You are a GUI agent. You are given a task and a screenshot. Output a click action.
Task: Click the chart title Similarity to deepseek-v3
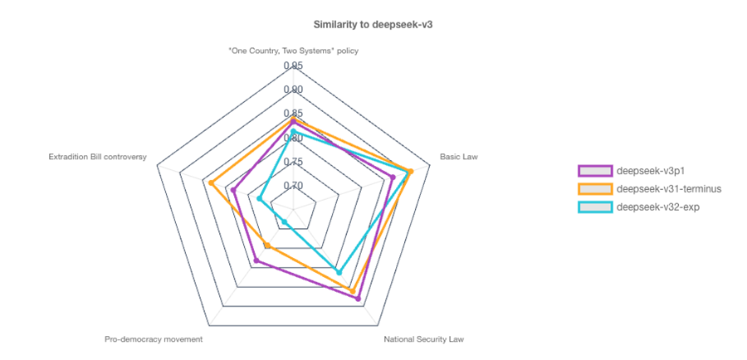click(x=373, y=24)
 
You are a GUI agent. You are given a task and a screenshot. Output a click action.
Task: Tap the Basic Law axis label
click(x=459, y=156)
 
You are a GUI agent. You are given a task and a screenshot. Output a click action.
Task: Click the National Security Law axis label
click(x=423, y=339)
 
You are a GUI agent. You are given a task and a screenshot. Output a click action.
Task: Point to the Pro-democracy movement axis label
click(x=154, y=339)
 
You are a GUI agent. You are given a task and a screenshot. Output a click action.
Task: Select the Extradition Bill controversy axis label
click(x=97, y=156)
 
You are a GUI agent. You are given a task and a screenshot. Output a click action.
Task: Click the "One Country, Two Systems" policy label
click(x=293, y=51)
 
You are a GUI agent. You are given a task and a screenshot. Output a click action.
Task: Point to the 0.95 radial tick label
click(x=293, y=66)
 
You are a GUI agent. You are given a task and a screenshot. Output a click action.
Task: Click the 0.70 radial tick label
click(x=293, y=186)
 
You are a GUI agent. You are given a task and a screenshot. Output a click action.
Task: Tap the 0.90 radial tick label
click(x=293, y=90)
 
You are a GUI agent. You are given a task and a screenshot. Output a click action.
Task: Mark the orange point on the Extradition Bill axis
click(x=212, y=182)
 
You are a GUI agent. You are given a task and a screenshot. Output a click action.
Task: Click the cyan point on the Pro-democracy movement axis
click(x=285, y=221)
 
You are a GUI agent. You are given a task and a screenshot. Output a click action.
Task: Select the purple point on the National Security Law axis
click(x=359, y=299)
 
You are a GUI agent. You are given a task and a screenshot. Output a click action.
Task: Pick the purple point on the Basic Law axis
click(x=393, y=177)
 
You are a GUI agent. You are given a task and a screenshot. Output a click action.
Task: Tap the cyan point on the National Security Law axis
click(x=338, y=270)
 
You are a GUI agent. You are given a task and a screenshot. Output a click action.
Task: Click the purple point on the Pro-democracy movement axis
click(x=256, y=261)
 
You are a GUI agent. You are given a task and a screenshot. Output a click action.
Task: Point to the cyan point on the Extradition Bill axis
click(x=260, y=199)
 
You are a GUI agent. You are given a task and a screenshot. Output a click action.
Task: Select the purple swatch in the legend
click(x=595, y=171)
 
